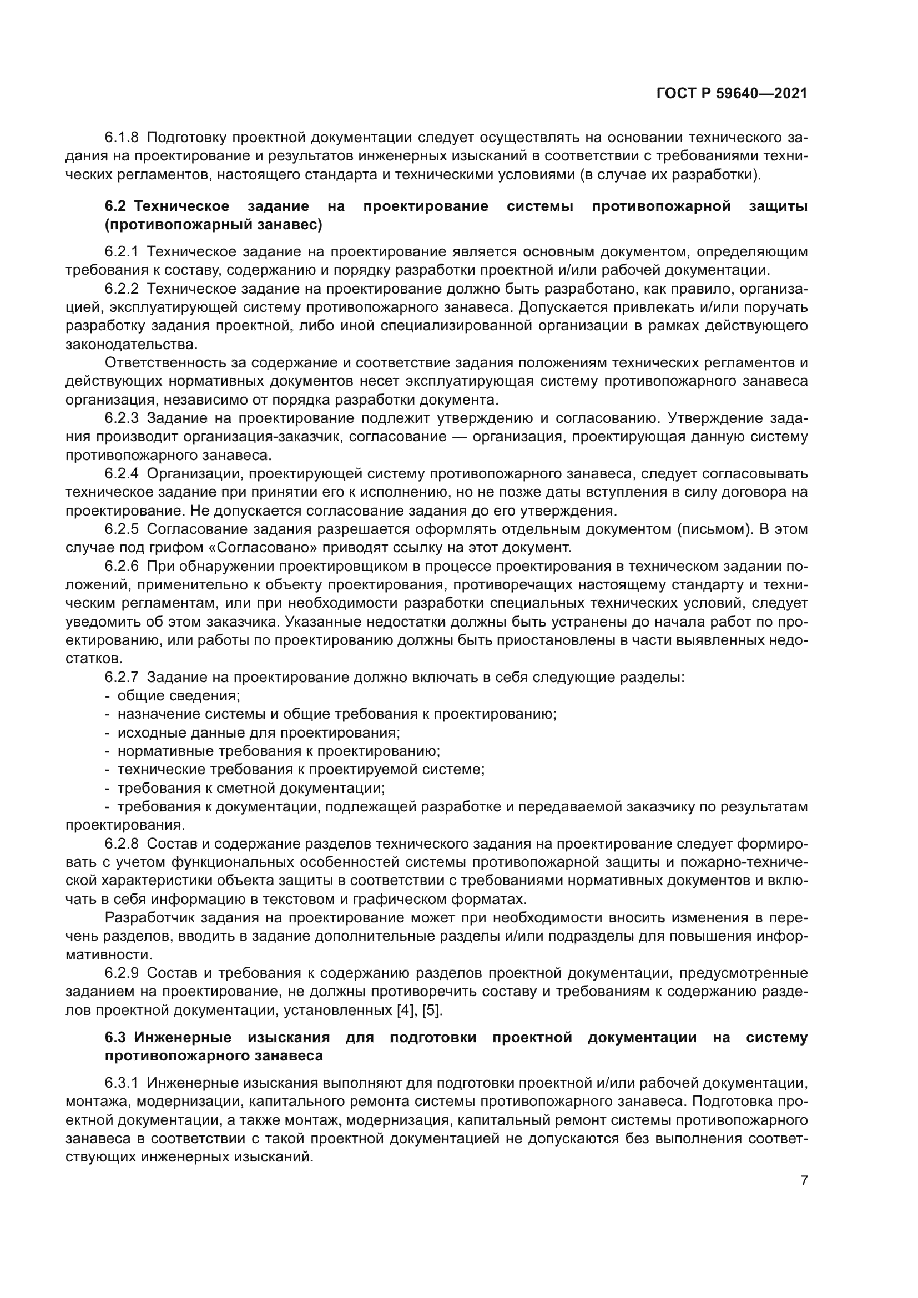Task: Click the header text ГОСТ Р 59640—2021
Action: pos(732,94)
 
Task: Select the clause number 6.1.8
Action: pos(122,138)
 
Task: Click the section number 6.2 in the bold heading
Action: pos(117,206)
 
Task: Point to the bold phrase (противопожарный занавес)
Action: pos(214,225)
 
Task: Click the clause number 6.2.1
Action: pos(122,252)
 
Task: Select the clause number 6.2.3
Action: pos(122,418)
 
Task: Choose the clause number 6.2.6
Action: pos(122,567)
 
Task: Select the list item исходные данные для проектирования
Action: pos(258,733)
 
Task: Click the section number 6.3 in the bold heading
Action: pos(117,1038)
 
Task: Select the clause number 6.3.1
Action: pos(122,1084)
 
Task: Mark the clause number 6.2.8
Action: pos(122,844)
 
